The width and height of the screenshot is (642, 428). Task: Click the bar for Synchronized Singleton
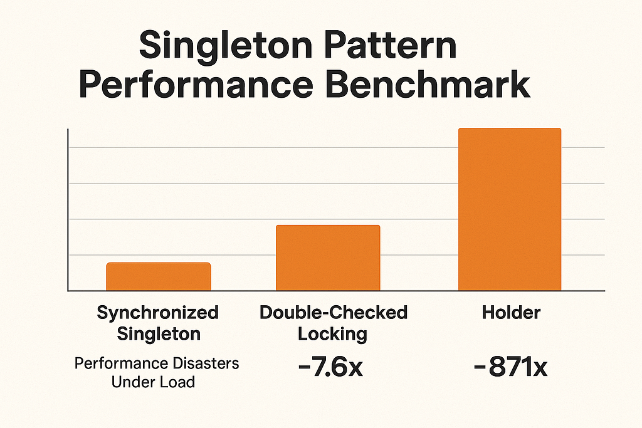(x=159, y=276)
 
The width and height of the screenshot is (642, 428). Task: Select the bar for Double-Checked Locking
(x=328, y=258)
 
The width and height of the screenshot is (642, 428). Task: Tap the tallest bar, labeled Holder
(x=510, y=209)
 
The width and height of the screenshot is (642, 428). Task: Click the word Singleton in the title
(x=226, y=46)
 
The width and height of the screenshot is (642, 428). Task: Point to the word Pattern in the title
(x=391, y=44)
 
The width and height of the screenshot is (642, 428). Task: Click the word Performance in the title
(x=196, y=85)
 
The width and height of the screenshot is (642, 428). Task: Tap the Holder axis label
(x=511, y=313)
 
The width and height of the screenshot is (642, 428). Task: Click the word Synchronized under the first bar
(x=157, y=313)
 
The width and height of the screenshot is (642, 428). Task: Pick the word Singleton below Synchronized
(x=159, y=334)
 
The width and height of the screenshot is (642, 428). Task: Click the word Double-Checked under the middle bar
(x=334, y=313)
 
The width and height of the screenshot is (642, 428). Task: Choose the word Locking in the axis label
(x=332, y=334)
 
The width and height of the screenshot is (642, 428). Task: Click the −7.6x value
(x=330, y=367)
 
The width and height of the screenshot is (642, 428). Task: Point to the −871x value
(x=510, y=367)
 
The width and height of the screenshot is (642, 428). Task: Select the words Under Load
(x=153, y=382)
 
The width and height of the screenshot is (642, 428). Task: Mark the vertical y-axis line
(x=68, y=209)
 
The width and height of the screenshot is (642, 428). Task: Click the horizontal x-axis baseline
(x=336, y=291)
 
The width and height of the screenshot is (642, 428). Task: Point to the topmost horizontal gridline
(x=336, y=147)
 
